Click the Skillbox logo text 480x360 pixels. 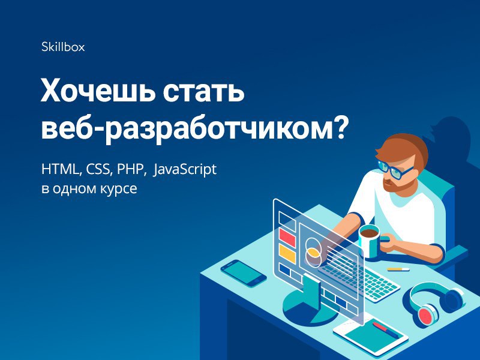63,47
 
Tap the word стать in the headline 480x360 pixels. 203,92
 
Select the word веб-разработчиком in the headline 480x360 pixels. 187,129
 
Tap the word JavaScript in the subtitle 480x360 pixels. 185,170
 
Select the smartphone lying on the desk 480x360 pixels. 244,273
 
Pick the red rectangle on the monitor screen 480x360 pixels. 287,237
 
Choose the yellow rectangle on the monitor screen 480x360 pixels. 287,253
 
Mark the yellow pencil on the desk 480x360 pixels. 398,269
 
